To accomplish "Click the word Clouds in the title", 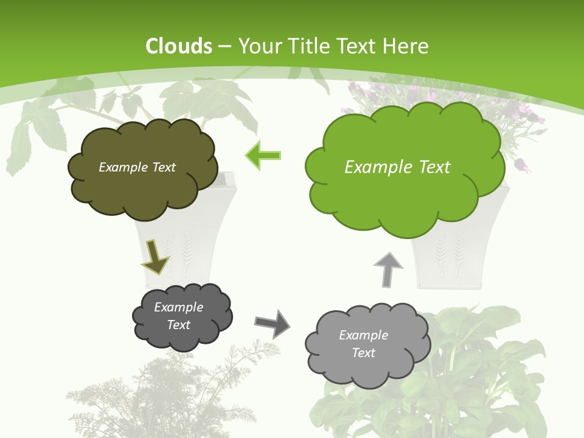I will pos(179,46).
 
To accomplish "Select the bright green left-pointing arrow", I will pos(263,156).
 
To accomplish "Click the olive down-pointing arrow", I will pos(155,256).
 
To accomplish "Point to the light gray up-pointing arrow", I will pos(388,269).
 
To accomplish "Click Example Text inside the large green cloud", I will pos(397,167).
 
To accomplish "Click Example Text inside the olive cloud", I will pos(137,167).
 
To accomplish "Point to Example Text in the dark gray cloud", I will pos(178,316).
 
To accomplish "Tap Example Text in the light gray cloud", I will pos(363,344).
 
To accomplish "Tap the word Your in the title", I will pos(259,46).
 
